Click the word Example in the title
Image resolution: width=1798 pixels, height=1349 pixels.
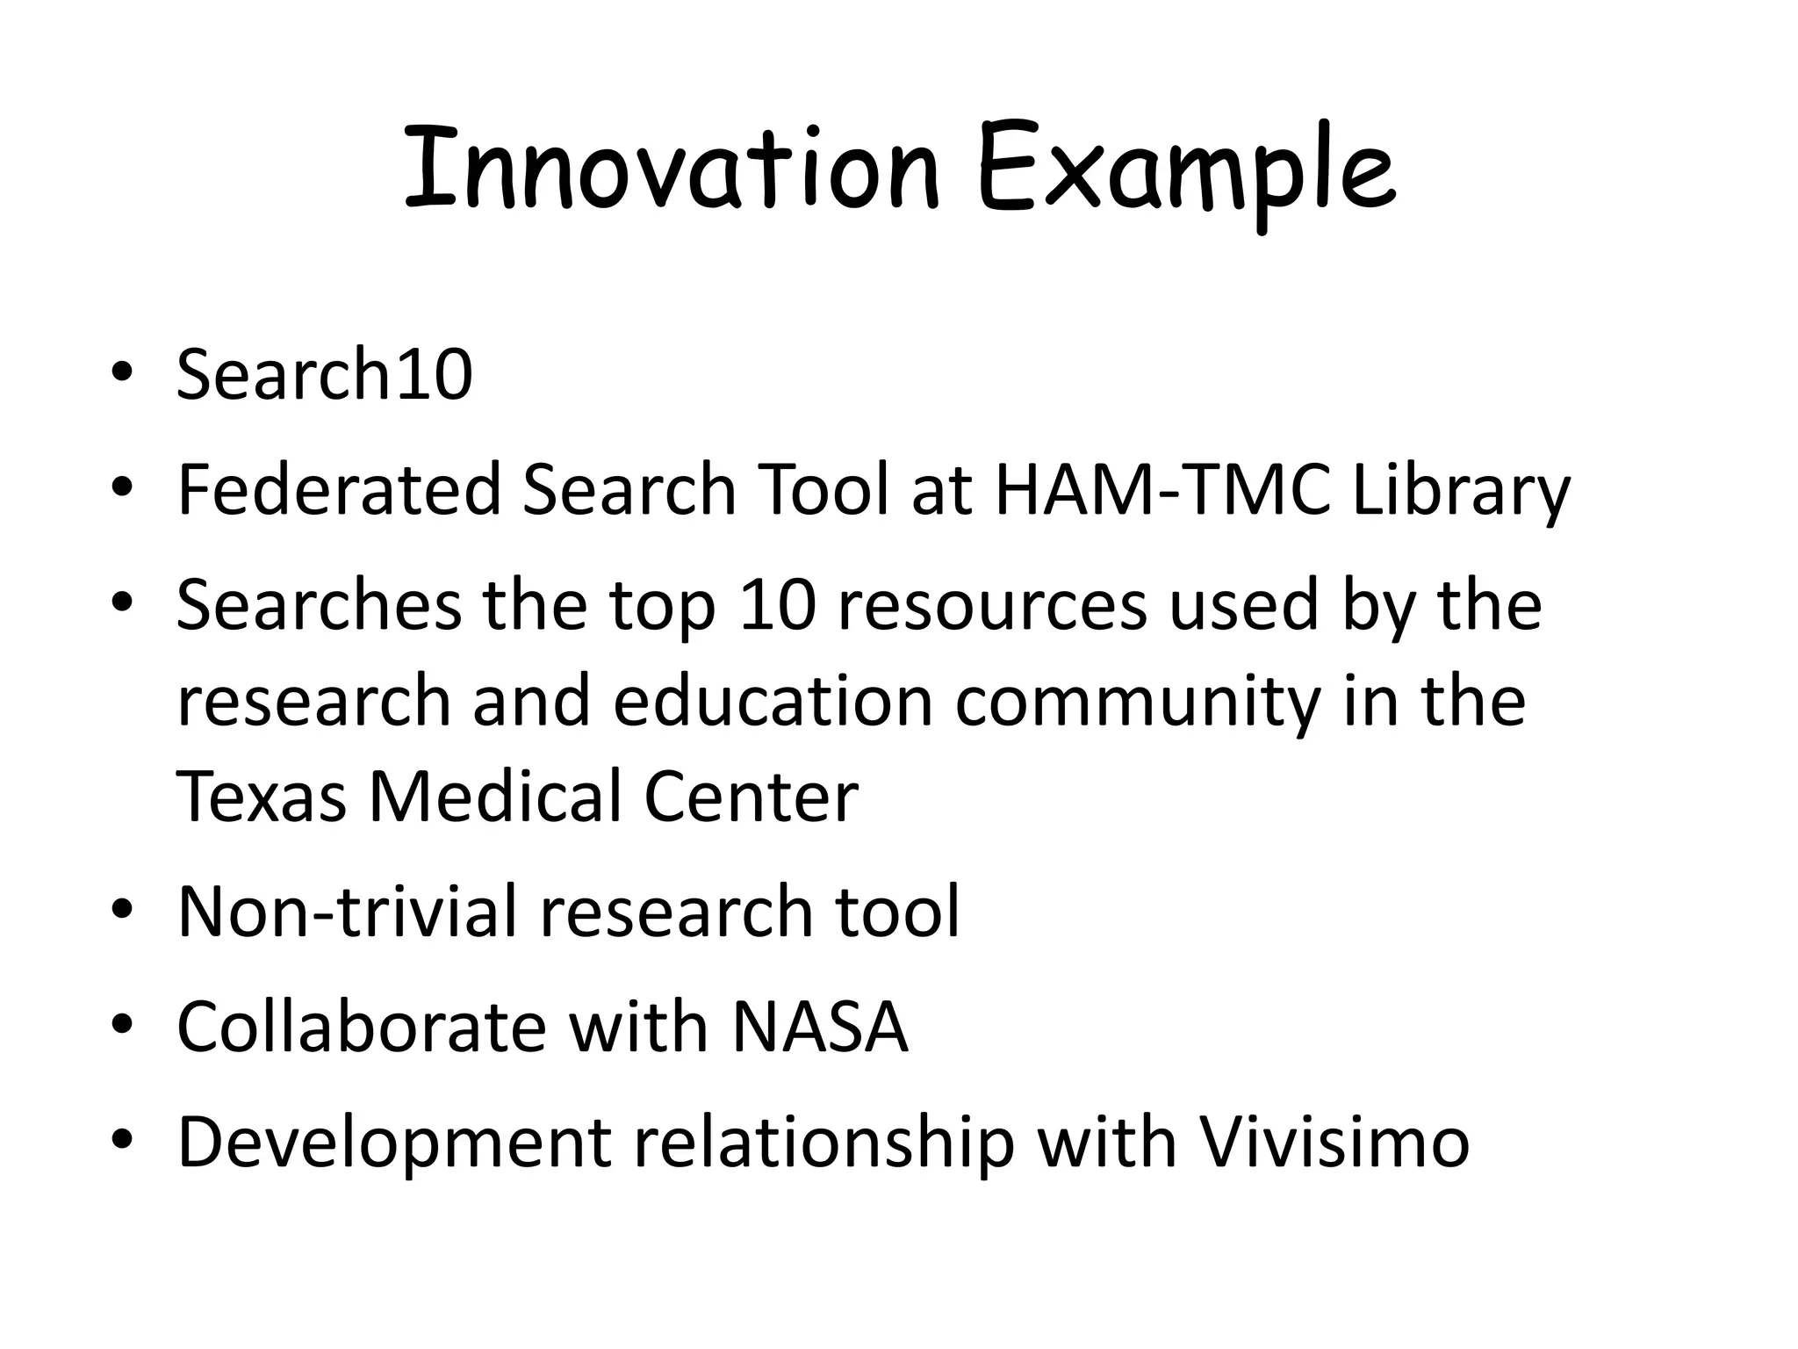[1185, 171]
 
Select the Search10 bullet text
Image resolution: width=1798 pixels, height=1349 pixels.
[325, 375]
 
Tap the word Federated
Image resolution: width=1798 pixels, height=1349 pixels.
[339, 489]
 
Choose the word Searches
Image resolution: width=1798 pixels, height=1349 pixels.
[319, 605]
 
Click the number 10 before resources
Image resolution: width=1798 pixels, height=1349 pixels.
[777, 605]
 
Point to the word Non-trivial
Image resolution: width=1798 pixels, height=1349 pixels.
[347, 912]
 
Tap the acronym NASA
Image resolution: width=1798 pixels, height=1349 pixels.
[820, 1027]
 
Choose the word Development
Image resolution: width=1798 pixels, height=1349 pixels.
[394, 1144]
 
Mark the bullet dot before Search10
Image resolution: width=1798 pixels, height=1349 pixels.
[122, 374]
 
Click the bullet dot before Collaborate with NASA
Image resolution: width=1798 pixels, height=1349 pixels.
[122, 1026]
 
